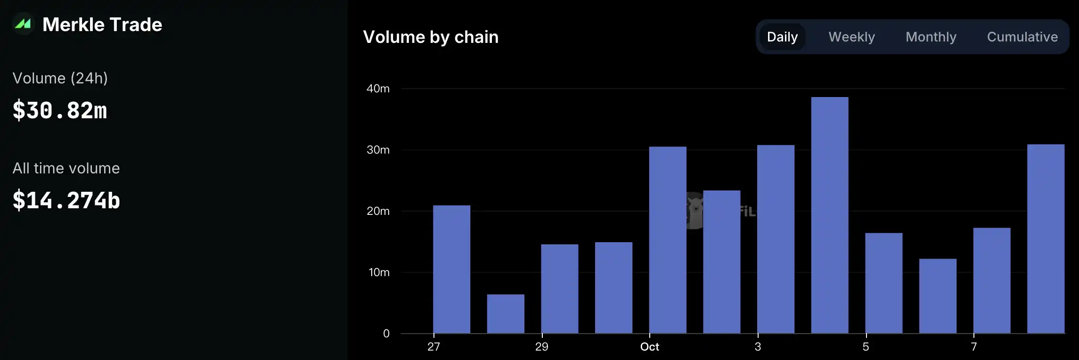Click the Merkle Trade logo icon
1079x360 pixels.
tap(23, 24)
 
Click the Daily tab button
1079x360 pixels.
tap(782, 37)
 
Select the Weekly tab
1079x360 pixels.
tap(851, 37)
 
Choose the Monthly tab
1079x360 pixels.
tap(931, 37)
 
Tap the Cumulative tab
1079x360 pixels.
tap(1022, 37)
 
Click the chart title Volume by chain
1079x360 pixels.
tap(431, 37)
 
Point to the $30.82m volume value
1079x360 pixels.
tap(60, 111)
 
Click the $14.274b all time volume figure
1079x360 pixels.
tap(66, 200)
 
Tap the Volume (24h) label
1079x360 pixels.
tap(60, 78)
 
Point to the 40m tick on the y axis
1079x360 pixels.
tap(378, 89)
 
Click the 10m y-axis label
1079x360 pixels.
tap(379, 272)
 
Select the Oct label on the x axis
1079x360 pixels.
tap(649, 347)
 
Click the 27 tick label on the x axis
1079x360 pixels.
tap(433, 347)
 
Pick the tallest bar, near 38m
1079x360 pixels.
tap(830, 215)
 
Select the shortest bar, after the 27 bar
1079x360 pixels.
tap(506, 314)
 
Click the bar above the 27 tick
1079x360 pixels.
tap(451, 269)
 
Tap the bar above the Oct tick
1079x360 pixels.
tap(668, 240)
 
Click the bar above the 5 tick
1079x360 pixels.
tap(883, 283)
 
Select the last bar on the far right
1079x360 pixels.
tap(1046, 238)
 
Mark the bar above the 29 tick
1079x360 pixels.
tap(559, 288)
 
